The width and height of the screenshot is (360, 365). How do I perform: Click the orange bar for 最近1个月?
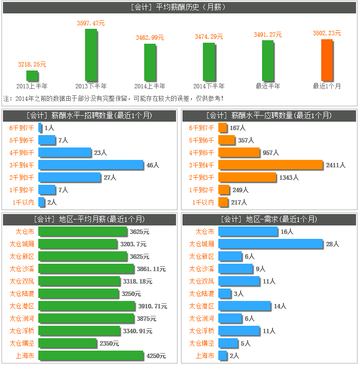click(327, 60)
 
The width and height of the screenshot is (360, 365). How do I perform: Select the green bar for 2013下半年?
click(90, 55)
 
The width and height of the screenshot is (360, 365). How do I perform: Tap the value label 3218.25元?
click(32, 64)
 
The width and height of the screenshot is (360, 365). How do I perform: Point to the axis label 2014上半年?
click(150, 86)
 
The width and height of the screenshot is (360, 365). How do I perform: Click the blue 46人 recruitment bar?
click(91, 164)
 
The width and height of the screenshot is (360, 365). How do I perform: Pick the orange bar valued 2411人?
click(270, 164)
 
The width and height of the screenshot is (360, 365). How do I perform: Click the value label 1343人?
click(288, 177)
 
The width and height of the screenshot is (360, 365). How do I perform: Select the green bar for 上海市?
click(90, 356)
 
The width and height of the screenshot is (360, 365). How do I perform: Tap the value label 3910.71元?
click(153, 306)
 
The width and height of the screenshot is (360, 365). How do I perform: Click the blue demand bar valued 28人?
click(270, 244)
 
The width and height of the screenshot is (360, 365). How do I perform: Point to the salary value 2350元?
click(109, 343)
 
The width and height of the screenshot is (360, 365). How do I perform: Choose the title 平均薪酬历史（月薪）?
click(180, 7)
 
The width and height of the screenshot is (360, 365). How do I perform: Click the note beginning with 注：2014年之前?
click(113, 98)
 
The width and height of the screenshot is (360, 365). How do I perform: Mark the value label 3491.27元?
click(268, 35)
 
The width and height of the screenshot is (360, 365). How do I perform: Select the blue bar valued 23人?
click(65, 152)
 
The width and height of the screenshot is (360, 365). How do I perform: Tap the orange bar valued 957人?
click(239, 152)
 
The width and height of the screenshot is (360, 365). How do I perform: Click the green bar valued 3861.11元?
click(86, 269)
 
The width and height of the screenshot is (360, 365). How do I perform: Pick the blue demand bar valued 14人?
click(244, 306)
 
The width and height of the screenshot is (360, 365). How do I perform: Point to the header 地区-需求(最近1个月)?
click(269, 219)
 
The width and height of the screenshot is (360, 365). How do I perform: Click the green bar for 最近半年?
click(268, 61)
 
